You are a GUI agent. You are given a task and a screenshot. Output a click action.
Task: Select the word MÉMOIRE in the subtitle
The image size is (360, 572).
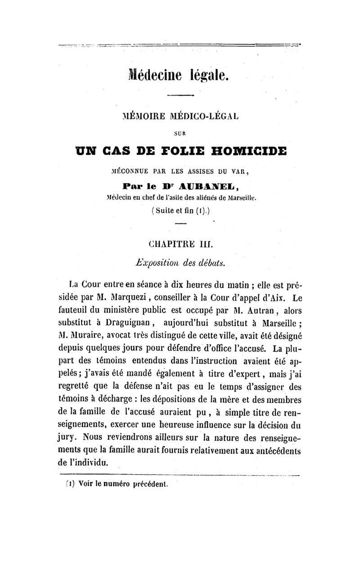point(139,116)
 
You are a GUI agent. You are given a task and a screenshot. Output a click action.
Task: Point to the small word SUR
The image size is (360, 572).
point(180,133)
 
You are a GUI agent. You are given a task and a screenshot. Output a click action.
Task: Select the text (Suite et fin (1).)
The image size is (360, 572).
point(180,210)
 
